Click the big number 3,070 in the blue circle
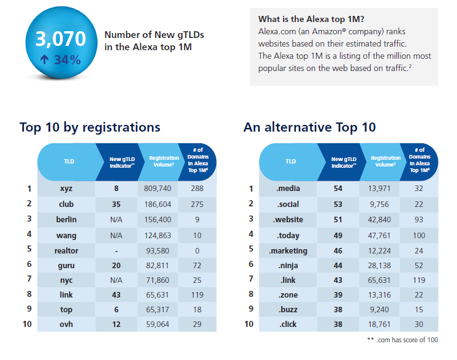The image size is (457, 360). (x=61, y=40)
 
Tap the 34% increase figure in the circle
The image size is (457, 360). (x=60, y=59)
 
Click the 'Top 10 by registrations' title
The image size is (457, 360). (x=89, y=127)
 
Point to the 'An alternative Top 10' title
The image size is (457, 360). (x=309, y=127)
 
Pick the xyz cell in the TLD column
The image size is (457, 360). (x=66, y=189)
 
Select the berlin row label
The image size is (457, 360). (x=66, y=219)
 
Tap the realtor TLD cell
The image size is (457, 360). (x=66, y=250)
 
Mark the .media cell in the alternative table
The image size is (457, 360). (x=287, y=189)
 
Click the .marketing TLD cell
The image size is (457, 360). (x=287, y=250)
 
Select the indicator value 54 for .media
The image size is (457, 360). (x=338, y=189)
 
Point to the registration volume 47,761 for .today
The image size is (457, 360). (x=378, y=234)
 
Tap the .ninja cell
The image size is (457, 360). (x=287, y=264)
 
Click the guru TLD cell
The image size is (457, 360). (x=66, y=264)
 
